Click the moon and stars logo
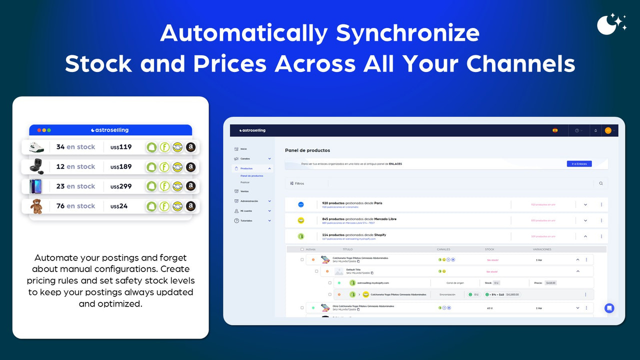pyautogui.click(x=611, y=24)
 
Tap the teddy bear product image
pyautogui.click(x=36, y=206)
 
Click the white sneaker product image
pyautogui.click(x=36, y=147)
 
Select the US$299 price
pyautogui.click(x=121, y=186)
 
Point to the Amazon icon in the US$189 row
pyautogui.click(x=190, y=167)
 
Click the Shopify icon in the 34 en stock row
pyautogui.click(x=151, y=147)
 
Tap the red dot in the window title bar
pyautogui.click(x=39, y=130)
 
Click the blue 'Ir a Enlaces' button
pyautogui.click(x=579, y=163)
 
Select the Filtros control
pyautogui.click(x=297, y=183)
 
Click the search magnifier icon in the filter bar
pyautogui.click(x=600, y=183)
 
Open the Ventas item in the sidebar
pyautogui.click(x=244, y=191)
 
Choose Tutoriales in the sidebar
pyautogui.click(x=246, y=220)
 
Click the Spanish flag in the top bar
pyautogui.click(x=555, y=130)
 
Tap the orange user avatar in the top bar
pyautogui.click(x=608, y=130)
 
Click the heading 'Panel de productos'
pyautogui.click(x=307, y=150)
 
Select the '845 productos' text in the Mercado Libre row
pyautogui.click(x=332, y=218)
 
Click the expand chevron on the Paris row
pyautogui.click(x=585, y=204)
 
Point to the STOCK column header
pyautogui.click(x=489, y=249)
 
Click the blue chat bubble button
pyautogui.click(x=609, y=308)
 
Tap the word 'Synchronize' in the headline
pyautogui.click(x=408, y=33)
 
